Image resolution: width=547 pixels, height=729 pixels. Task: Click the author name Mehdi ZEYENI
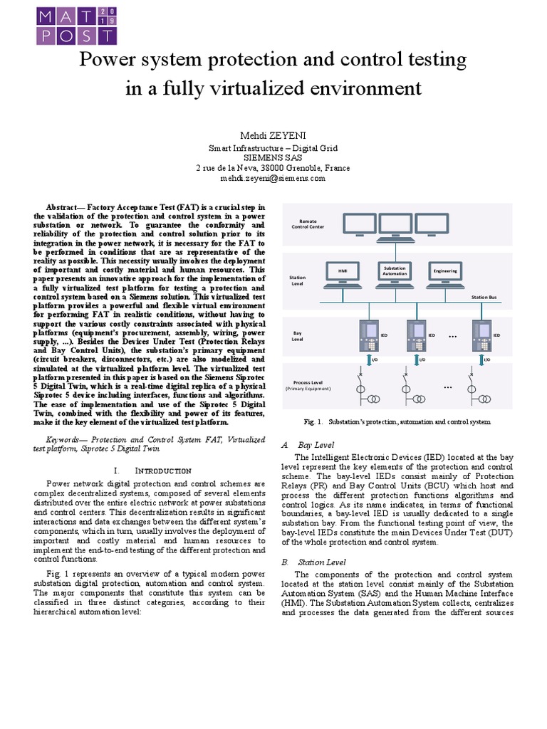272,135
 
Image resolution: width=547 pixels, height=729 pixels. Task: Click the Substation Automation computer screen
395,271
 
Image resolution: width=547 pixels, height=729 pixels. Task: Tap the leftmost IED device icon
370,335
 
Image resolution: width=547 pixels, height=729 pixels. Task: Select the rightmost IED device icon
481,335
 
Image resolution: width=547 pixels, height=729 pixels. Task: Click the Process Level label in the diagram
308,384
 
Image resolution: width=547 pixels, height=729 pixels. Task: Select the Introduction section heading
152,471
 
